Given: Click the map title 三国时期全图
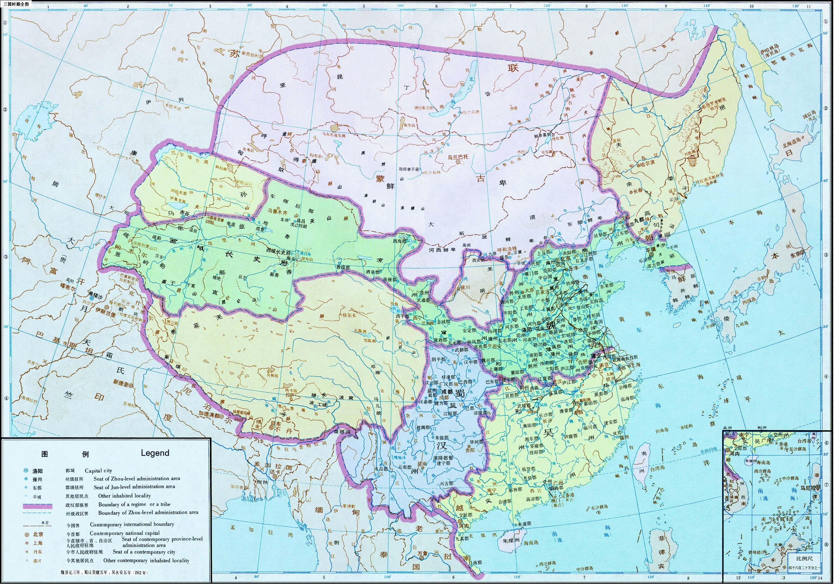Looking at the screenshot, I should coord(16,4).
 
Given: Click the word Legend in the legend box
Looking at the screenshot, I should coord(155,453).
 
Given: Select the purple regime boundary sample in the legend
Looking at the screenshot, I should coord(37,506).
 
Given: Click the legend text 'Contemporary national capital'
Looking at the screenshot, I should coord(125,533).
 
